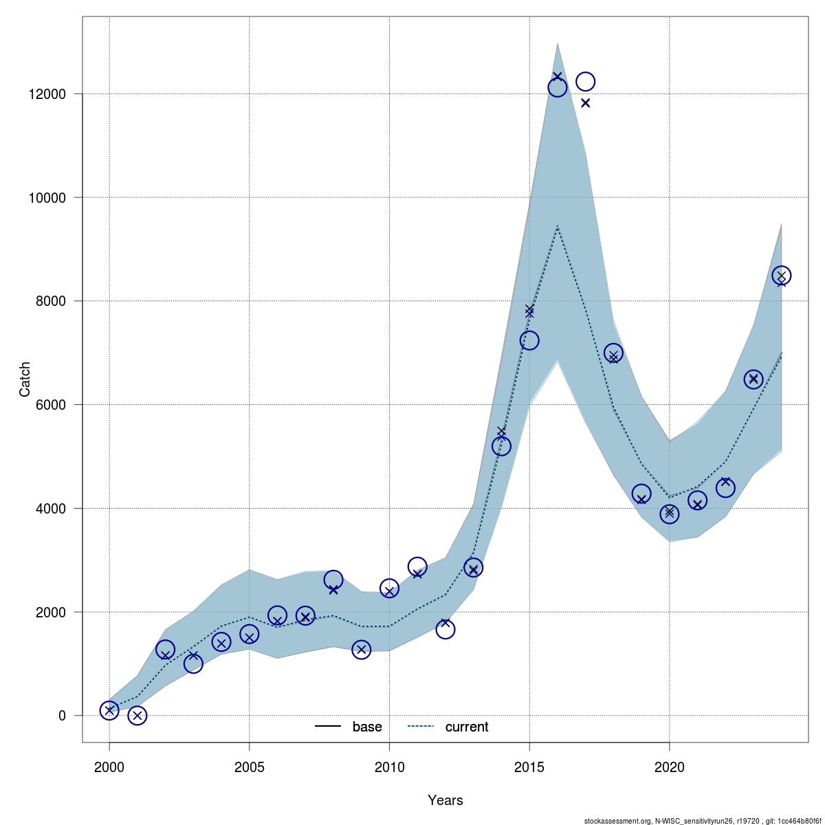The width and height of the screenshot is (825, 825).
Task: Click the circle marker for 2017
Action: point(585,81)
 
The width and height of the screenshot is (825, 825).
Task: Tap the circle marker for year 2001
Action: point(137,716)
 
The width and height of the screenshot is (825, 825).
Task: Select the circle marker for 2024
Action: point(782,275)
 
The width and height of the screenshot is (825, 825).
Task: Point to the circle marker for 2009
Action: point(362,649)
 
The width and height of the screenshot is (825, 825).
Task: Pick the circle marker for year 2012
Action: point(445,629)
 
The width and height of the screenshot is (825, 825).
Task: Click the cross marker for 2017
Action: point(586,103)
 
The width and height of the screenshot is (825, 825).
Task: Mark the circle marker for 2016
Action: point(558,87)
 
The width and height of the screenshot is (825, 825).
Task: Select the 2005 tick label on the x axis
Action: point(250,767)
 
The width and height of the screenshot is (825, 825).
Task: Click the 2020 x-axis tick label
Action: point(670,767)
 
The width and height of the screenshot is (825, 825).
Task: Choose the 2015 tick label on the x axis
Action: point(529,767)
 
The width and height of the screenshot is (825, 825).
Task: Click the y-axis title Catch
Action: point(25,379)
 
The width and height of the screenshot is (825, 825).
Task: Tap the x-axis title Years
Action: point(445,800)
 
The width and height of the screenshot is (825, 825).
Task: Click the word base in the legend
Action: point(367,727)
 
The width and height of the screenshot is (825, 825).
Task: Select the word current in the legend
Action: point(467,727)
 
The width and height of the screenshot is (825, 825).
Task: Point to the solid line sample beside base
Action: point(328,727)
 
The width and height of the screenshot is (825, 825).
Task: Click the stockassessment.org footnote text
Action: point(702,821)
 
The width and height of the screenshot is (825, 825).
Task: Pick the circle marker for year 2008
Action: point(333,580)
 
